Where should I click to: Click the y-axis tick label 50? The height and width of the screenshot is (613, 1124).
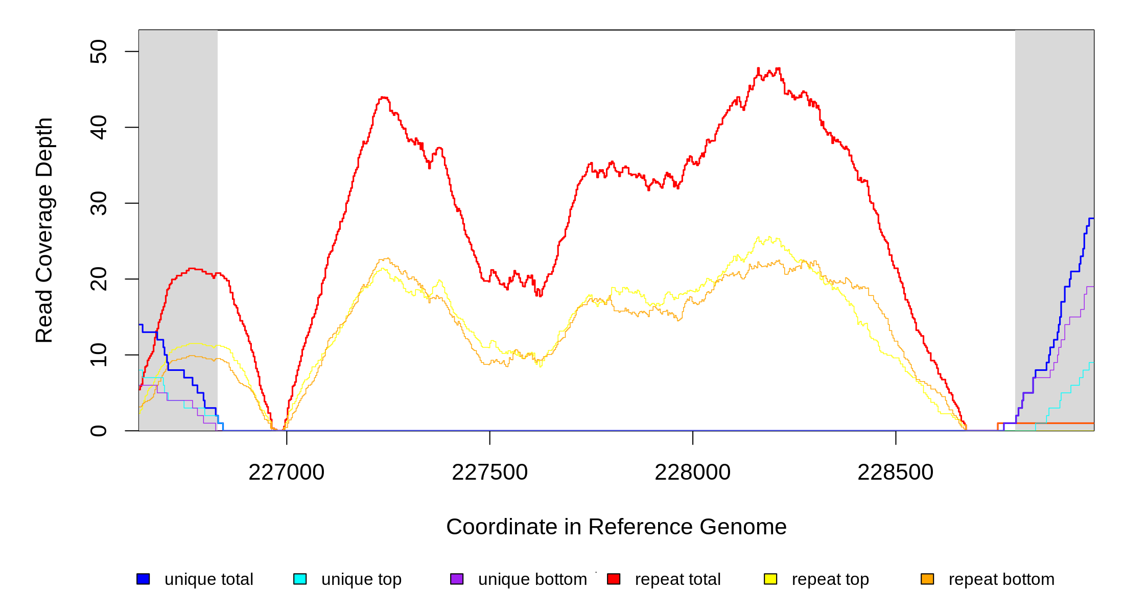point(98,52)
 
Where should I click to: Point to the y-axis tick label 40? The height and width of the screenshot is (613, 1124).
point(98,127)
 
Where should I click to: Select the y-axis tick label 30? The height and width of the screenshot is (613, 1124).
point(98,203)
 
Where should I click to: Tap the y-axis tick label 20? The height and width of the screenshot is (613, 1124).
point(98,279)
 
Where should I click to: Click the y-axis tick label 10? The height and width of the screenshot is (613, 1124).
point(98,355)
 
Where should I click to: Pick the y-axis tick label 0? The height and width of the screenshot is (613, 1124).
point(98,431)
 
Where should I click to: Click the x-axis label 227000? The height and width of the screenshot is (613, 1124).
point(287,473)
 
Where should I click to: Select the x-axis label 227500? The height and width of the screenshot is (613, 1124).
point(489,473)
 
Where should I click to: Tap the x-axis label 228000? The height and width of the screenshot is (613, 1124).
point(692,473)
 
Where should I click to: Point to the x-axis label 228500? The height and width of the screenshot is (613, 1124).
point(895,473)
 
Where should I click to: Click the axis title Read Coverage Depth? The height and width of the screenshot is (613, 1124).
point(44,230)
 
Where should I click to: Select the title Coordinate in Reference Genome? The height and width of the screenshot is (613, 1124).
point(616,527)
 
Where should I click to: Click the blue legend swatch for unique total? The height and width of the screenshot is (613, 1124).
point(143,579)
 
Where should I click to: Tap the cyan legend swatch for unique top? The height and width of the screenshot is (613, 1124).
point(300,579)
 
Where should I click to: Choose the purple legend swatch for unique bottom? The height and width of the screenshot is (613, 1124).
point(457,579)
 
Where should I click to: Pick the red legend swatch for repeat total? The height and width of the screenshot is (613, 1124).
point(614,579)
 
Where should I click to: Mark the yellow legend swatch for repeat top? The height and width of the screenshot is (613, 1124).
point(770,579)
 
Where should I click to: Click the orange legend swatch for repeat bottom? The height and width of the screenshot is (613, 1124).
point(927,579)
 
